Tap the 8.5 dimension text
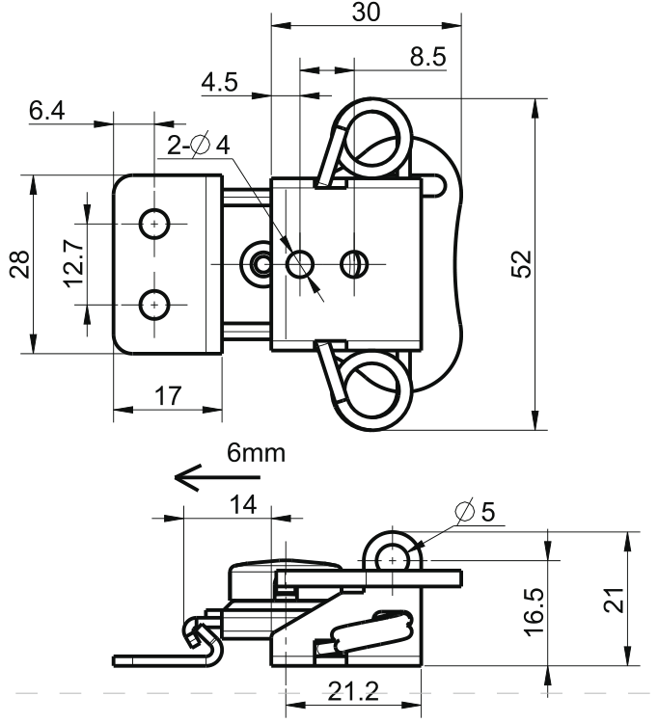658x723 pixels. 427,57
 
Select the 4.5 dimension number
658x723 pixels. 219,83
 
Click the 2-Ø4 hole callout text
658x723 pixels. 199,146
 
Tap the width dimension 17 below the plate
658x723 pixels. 167,395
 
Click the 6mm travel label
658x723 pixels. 256,453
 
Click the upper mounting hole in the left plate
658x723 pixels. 153,223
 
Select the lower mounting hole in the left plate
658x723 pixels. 153,305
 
